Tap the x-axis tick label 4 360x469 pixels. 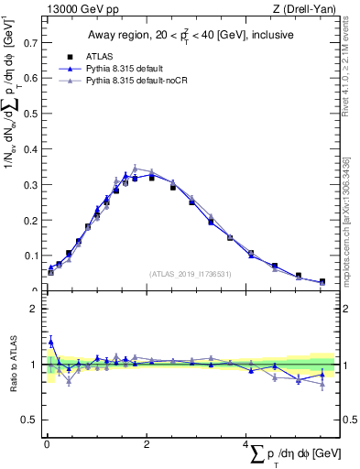pyautogui.click(x=246, y=445)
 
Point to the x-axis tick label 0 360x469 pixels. pyautogui.click(x=46, y=445)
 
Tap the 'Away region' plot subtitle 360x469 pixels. pyautogui.click(x=190, y=35)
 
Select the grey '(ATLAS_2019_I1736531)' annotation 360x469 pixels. pyautogui.click(x=190, y=273)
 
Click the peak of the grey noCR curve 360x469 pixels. pyautogui.click(x=135, y=169)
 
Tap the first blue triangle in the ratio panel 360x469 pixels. pyautogui.click(x=50, y=342)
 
